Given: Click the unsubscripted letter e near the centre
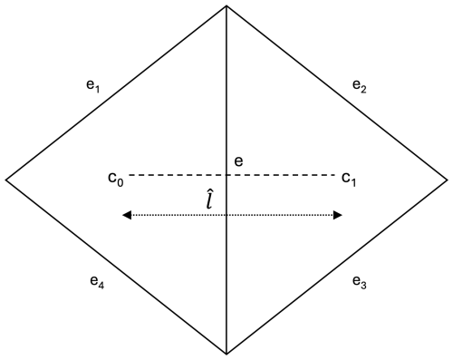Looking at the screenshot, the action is point(238,161).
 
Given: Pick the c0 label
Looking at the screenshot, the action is point(115,177).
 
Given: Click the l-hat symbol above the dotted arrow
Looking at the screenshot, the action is point(210,199).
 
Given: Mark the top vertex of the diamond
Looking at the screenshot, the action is point(226,6).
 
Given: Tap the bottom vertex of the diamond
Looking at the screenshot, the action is point(226,353).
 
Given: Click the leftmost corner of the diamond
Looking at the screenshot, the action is point(6,180).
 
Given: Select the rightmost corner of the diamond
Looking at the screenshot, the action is point(447,180).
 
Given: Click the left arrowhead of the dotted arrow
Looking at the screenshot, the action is point(127,215).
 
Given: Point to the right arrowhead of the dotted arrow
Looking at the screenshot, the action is point(337,215).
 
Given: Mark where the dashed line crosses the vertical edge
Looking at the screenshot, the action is point(226,174).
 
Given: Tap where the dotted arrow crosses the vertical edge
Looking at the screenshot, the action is point(226,215).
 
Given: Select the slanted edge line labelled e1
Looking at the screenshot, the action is point(116,93).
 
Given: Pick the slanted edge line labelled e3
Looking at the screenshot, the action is point(337,266).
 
